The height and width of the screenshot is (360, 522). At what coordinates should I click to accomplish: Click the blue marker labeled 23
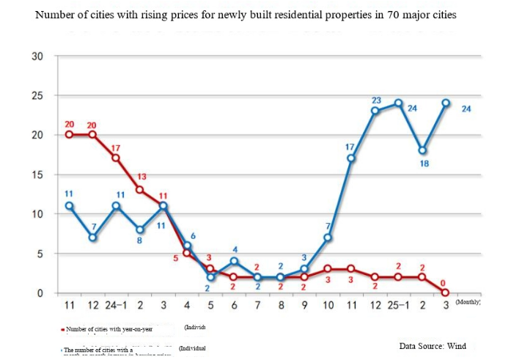375,111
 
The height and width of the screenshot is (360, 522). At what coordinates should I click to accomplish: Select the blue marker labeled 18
422,150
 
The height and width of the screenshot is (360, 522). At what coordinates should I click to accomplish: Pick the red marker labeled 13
139,190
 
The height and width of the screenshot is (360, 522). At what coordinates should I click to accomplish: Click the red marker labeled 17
116,158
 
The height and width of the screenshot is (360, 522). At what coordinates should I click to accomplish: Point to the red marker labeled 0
445,293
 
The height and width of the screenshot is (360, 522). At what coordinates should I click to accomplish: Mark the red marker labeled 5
186,253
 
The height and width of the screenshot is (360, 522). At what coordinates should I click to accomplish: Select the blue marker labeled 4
233,261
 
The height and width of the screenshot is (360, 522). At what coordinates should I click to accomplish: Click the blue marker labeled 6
186,246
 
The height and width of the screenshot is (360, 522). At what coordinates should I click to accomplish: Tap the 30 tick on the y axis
37,56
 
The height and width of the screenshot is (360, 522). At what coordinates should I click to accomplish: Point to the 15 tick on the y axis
37,175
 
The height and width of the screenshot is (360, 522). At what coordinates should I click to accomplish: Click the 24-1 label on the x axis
116,306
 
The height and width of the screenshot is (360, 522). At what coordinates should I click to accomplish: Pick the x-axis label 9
304,306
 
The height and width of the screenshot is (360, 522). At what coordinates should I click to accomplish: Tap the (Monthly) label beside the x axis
468,302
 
